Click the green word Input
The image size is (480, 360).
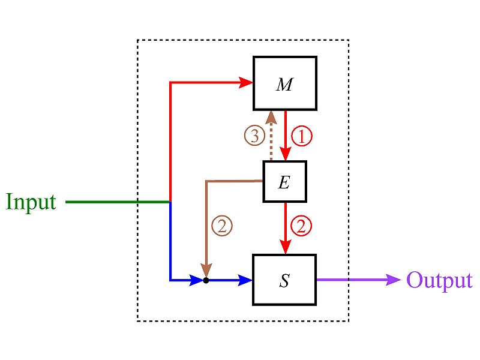point(31,202)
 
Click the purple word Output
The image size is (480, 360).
point(439,280)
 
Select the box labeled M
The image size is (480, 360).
point(284,84)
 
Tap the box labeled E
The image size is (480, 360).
point(284,181)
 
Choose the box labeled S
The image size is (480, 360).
point(284,280)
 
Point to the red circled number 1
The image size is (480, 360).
point(301,137)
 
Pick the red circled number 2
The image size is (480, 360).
point(301,226)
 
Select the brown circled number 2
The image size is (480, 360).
point(221,226)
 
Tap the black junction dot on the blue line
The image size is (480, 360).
point(206,280)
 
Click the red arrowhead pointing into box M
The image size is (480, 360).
point(246,82)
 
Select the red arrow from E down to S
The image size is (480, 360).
point(286,225)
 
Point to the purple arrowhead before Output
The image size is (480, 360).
point(394,280)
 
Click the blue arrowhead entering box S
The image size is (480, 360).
point(246,280)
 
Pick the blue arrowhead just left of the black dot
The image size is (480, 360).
point(196,280)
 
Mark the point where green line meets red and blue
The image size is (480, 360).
point(171,202)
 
